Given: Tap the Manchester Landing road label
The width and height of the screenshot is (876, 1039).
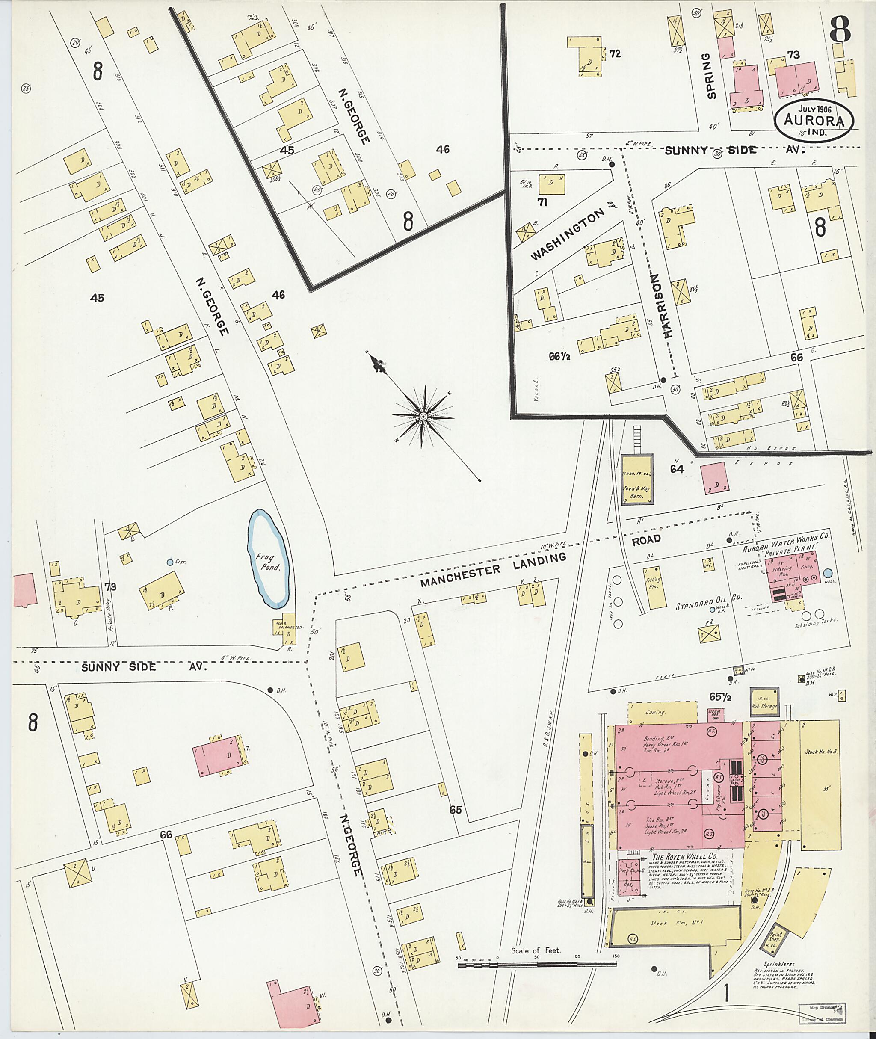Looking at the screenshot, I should click(493, 568).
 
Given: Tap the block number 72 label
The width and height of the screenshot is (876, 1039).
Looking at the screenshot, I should click(615, 53).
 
